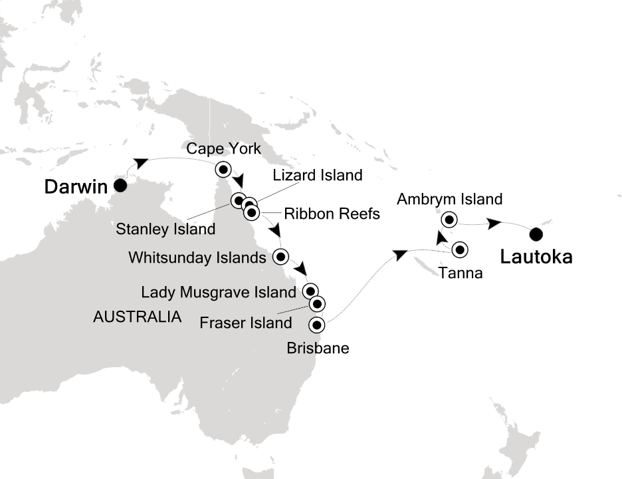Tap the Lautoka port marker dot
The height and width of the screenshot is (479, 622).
click(536, 234)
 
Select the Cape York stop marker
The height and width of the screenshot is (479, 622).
click(223, 169)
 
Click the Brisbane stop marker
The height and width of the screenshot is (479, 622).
click(317, 325)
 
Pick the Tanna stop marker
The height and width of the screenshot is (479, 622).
click(460, 249)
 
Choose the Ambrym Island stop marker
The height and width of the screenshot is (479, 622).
click(449, 219)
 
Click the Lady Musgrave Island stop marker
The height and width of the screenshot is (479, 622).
click(310, 291)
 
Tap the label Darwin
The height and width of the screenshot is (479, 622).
click(75, 188)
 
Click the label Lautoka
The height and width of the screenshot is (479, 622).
click(536, 257)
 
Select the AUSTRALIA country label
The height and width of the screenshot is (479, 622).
click(138, 317)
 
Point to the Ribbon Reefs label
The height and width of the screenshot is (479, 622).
click(332, 214)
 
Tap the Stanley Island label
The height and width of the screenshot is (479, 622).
click(165, 230)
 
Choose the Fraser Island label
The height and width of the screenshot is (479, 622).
click(246, 323)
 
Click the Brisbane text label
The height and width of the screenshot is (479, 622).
click(318, 347)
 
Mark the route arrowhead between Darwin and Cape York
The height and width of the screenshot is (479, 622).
click(140, 163)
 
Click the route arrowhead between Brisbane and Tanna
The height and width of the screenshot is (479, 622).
click(399, 253)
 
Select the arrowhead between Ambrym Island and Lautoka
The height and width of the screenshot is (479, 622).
click(494, 224)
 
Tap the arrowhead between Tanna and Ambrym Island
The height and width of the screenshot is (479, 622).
click(441, 236)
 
